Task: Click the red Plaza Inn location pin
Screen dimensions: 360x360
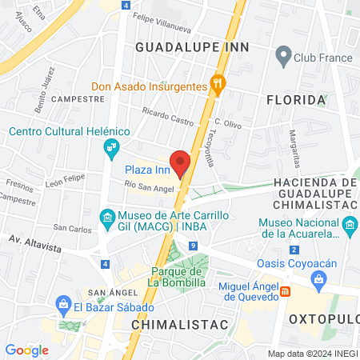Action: coord(181,162)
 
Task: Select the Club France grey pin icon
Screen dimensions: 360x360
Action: coord(282,56)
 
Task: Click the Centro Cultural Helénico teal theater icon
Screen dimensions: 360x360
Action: coord(111,147)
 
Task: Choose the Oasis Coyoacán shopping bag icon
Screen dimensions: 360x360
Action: coord(320,278)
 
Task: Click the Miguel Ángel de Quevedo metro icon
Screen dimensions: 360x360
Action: coord(286,292)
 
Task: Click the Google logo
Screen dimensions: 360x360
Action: coord(26,350)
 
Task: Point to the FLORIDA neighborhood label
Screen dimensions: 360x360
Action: coord(296,101)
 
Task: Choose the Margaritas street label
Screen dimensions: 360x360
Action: coord(294,145)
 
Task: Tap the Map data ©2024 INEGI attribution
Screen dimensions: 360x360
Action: coord(311,353)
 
